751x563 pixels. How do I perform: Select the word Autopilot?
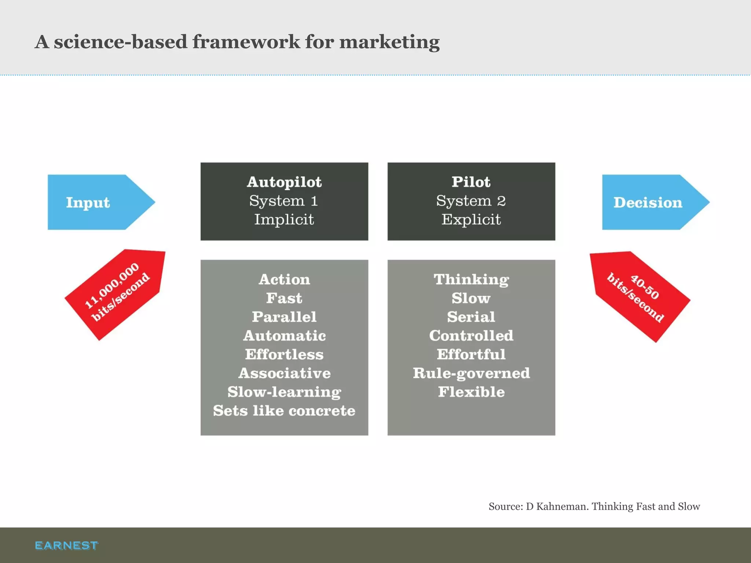point(284,182)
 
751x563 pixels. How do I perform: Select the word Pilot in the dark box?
point(471,182)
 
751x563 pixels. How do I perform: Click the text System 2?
point(471,200)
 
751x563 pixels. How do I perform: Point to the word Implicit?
point(284,219)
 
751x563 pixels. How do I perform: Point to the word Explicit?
point(471,219)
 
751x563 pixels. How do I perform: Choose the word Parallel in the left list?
point(284,317)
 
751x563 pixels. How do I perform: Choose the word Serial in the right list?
point(471,317)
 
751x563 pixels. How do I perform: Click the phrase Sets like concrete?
point(284,411)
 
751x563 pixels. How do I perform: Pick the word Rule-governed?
point(471,373)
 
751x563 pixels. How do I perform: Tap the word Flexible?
point(471,392)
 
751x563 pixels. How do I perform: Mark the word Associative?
point(284,373)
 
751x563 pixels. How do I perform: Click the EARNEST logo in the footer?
point(66,545)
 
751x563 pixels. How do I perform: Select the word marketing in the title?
point(389,42)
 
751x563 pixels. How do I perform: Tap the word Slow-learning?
point(284,392)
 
